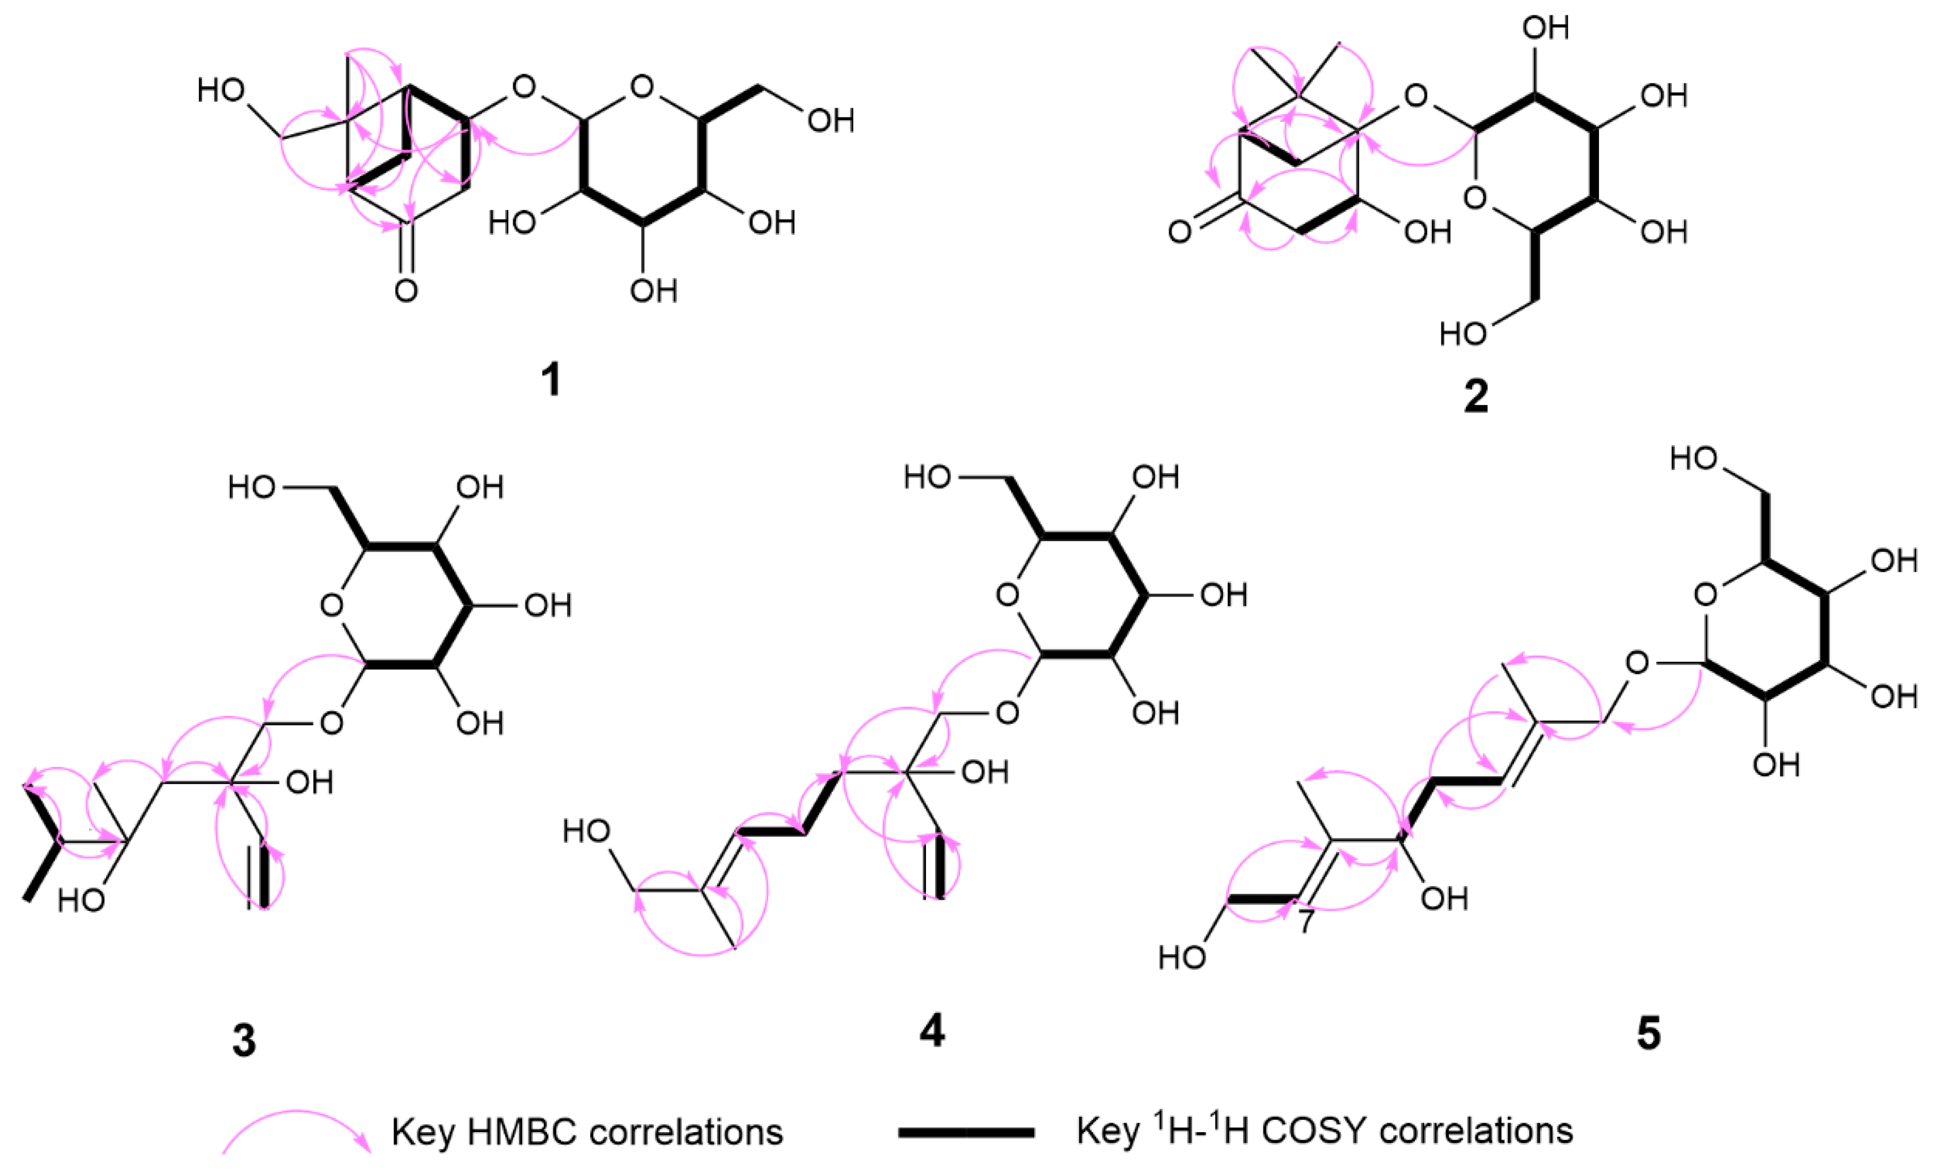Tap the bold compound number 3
click(x=243, y=1040)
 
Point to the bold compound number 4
click(x=932, y=1031)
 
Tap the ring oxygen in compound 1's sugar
click(x=642, y=87)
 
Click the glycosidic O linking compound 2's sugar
click(x=1415, y=97)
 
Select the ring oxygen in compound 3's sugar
click(x=332, y=606)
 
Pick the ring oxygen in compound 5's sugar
click(x=1706, y=595)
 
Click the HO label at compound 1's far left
click(x=221, y=91)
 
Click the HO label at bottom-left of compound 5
click(x=1182, y=957)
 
